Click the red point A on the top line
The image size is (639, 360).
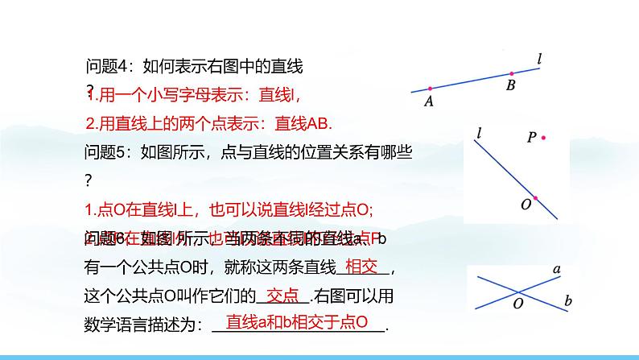pyautogui.click(x=430, y=89)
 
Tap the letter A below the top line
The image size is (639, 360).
pyautogui.click(x=428, y=101)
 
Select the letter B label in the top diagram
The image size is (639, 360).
pyautogui.click(x=510, y=86)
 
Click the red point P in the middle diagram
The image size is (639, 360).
pyautogui.click(x=544, y=139)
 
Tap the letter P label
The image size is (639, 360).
pyautogui.click(x=531, y=138)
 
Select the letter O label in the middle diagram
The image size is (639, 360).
pyautogui.click(x=525, y=205)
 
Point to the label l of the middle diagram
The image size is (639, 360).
pyautogui.click(x=479, y=132)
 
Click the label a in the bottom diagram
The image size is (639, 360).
pyautogui.click(x=556, y=268)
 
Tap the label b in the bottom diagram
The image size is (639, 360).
pyautogui.click(x=568, y=301)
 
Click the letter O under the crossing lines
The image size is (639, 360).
pyautogui.click(x=518, y=304)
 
